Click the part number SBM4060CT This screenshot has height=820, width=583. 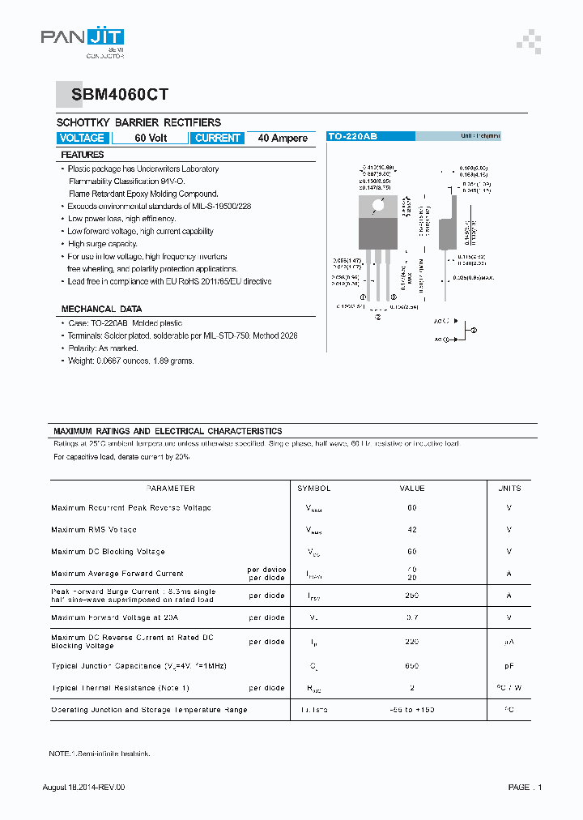[x=120, y=95]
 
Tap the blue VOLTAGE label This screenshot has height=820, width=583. [x=83, y=138]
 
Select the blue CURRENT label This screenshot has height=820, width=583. [x=218, y=138]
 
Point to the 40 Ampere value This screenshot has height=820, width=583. [x=283, y=138]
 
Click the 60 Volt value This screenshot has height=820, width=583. [x=151, y=138]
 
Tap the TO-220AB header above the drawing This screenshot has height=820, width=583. [x=353, y=136]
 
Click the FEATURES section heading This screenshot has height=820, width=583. [x=83, y=154]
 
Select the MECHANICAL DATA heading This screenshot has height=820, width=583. [x=101, y=309]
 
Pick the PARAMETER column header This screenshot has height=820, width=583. [x=170, y=489]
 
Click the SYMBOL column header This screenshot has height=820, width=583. [x=314, y=489]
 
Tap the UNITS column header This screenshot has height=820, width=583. [x=509, y=489]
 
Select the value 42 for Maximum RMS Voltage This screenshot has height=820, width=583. [x=412, y=529]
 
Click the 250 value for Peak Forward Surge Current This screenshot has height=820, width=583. [x=412, y=596]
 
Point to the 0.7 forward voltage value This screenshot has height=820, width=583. [x=412, y=618]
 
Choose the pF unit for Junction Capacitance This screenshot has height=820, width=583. [x=509, y=666]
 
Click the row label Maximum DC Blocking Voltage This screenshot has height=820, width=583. [x=108, y=552]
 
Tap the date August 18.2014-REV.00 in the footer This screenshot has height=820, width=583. [x=83, y=788]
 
